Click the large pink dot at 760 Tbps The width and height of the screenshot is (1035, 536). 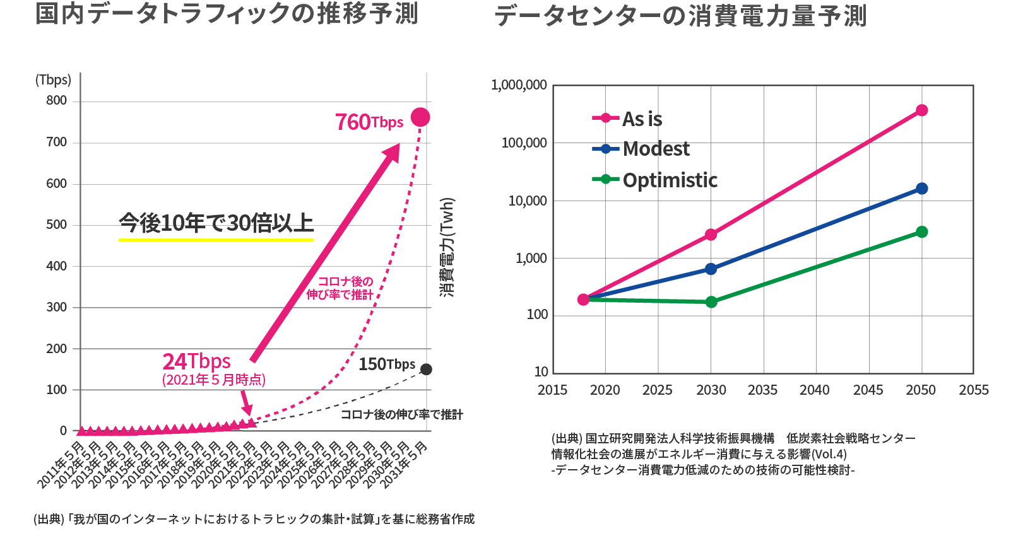(x=420, y=117)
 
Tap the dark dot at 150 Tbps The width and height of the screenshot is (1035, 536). (x=427, y=370)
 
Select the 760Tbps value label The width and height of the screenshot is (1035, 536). (x=369, y=122)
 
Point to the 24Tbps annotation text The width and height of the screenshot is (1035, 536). (x=197, y=361)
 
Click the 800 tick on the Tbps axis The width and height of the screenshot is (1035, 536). (x=56, y=101)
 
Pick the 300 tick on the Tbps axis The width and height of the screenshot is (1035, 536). (x=56, y=307)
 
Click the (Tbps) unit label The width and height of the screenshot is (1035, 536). (x=54, y=80)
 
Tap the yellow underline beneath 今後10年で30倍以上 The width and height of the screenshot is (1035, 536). (x=216, y=240)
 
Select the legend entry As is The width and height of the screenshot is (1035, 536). (x=628, y=119)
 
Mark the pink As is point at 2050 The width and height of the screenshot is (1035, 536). (x=921, y=110)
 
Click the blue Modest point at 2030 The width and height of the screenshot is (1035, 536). (x=711, y=269)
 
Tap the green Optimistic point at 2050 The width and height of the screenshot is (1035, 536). (x=921, y=232)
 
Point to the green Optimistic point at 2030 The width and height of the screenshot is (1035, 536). (x=711, y=302)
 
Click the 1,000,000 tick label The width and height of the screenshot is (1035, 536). (x=519, y=85)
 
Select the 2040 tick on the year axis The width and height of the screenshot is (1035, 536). (x=815, y=390)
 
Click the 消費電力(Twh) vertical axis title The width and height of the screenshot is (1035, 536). (x=447, y=247)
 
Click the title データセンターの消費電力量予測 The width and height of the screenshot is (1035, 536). (x=680, y=16)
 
